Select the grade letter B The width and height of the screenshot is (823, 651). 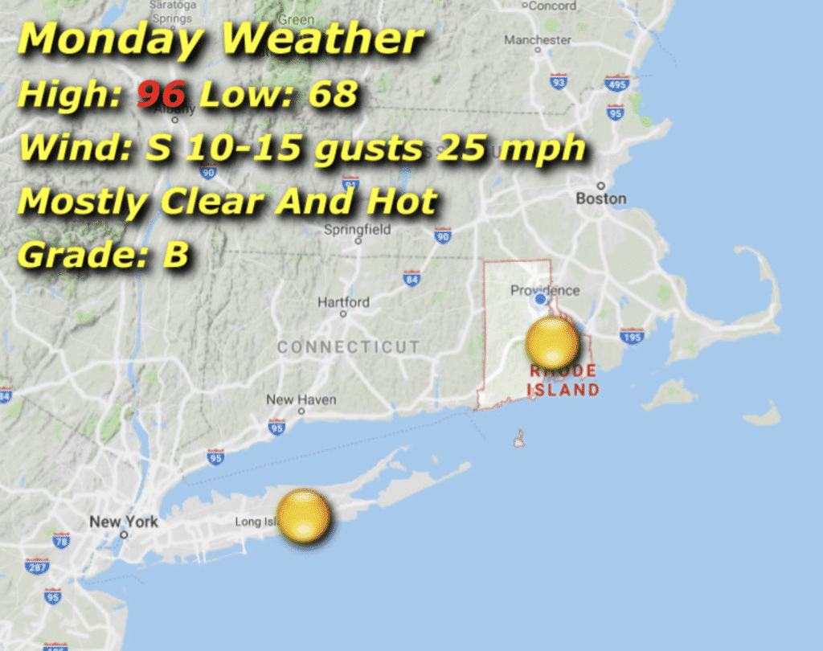(175, 255)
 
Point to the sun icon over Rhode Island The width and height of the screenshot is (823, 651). (552, 342)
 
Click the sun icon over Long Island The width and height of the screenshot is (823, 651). (303, 515)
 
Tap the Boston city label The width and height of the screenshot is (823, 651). (600, 198)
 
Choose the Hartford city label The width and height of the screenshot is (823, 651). (343, 302)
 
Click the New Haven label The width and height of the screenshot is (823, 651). (301, 399)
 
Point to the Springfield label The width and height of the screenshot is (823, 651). (357, 230)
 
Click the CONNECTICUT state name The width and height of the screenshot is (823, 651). (348, 347)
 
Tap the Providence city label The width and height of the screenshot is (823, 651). (545, 290)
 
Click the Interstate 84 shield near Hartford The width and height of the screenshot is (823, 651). (411, 279)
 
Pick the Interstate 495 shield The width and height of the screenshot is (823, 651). (616, 84)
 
